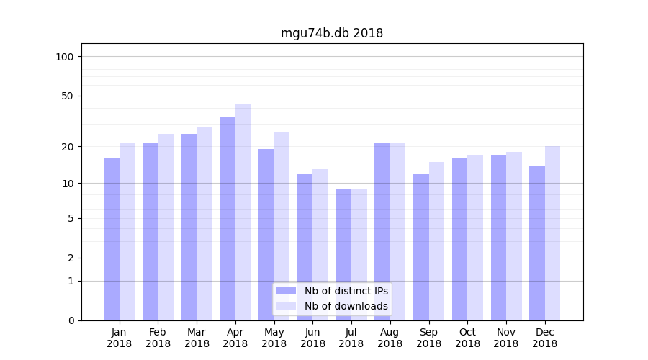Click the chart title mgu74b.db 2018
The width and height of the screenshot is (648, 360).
[332, 33]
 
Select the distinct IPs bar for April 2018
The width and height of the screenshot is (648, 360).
[228, 219]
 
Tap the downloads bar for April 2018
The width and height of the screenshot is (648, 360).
[243, 212]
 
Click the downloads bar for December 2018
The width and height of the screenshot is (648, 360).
[552, 233]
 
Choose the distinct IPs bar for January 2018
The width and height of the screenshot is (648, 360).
[112, 239]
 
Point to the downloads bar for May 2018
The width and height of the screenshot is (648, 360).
[282, 226]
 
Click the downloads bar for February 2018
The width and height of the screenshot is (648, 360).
[166, 227]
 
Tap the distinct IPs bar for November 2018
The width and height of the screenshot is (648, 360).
[498, 238]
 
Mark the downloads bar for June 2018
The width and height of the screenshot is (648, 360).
[320, 245]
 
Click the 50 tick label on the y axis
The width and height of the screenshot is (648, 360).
[68, 96]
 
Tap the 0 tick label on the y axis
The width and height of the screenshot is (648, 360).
[71, 320]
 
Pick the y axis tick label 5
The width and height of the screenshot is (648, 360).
[71, 218]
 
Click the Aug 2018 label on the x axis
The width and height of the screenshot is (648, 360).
[390, 338]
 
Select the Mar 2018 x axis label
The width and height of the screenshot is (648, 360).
[197, 338]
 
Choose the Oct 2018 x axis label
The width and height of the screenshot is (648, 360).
[467, 338]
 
